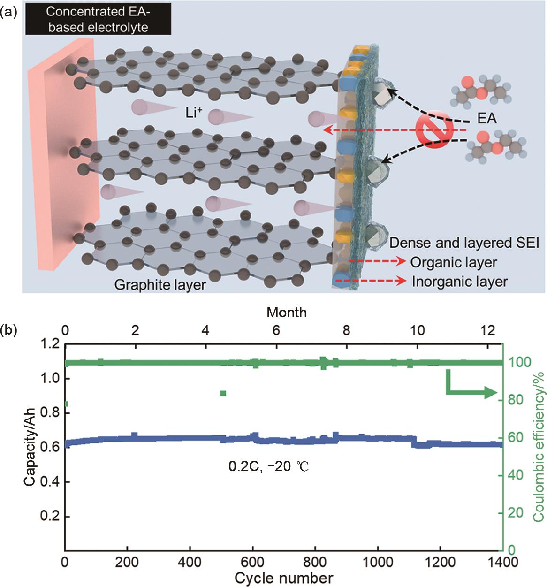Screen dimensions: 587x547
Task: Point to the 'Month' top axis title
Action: pos(287,312)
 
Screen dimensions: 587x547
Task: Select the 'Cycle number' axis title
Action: pos(284,578)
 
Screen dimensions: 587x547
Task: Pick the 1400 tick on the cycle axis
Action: pos(502,561)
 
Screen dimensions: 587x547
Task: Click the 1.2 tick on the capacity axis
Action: pos(50,345)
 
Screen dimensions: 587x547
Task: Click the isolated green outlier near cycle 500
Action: pos(223,393)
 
